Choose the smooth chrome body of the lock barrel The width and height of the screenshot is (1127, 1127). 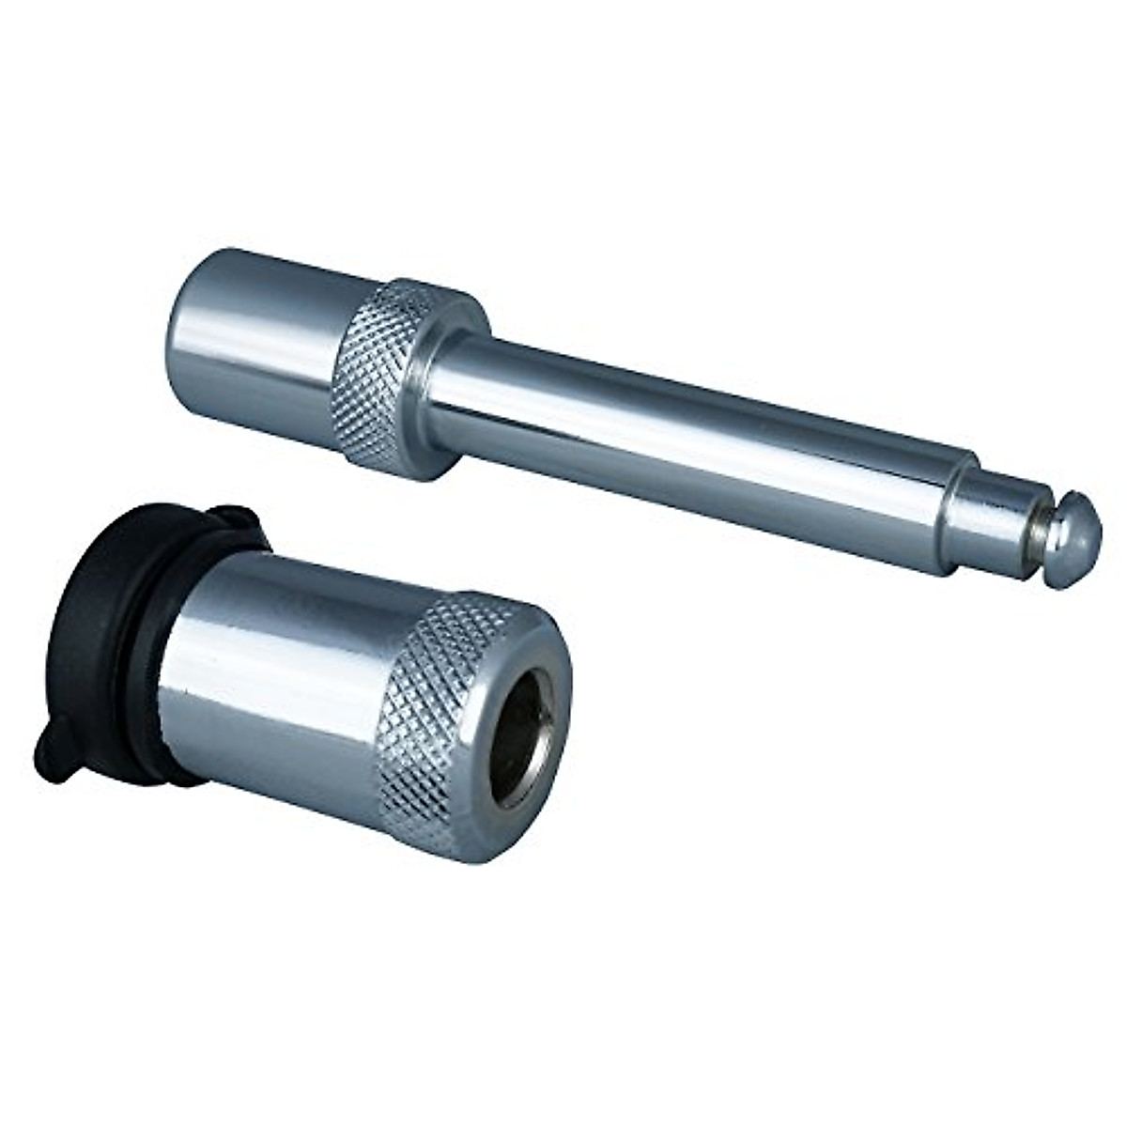point(282,686)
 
